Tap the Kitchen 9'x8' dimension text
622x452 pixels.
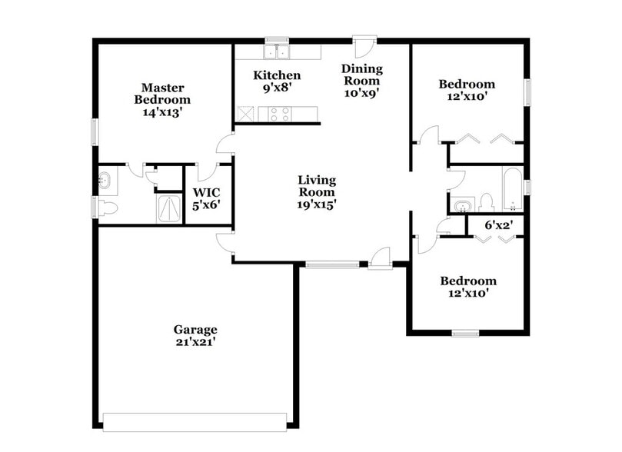277,88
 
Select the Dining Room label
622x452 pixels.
361,75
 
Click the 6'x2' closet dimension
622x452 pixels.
498,225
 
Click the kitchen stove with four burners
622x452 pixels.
278,114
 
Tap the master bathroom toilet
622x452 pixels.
106,208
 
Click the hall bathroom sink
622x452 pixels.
462,206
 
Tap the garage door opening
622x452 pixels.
195,420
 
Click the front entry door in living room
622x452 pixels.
380,258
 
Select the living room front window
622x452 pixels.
332,264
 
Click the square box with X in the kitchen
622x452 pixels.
246,114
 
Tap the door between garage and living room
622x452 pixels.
224,242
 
